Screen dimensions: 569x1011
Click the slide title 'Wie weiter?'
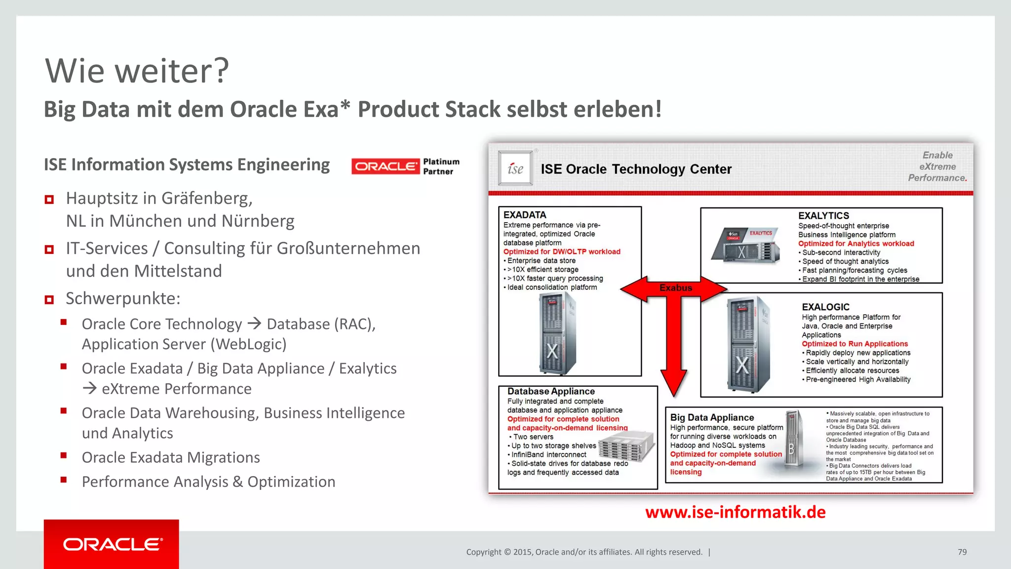[137, 71]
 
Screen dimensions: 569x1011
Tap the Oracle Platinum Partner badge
[405, 166]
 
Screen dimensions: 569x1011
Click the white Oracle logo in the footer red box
[112, 544]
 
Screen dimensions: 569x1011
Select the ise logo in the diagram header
[515, 168]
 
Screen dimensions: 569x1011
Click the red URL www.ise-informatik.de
[735, 512]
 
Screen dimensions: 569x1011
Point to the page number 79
[962, 552]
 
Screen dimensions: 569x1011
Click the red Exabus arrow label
[675, 288]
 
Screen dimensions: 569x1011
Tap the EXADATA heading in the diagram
[525, 215]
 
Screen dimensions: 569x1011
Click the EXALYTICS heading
[823, 216]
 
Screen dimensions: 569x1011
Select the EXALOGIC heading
[825, 307]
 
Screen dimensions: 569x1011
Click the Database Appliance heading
[551, 391]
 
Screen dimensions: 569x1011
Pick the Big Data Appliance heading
[712, 417]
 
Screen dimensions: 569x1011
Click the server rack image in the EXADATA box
[557, 333]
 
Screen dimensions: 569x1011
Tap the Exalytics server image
[746, 245]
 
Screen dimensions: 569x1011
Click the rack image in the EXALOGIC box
[747, 344]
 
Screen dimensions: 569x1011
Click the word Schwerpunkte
[122, 298]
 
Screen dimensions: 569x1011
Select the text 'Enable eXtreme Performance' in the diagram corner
[937, 166]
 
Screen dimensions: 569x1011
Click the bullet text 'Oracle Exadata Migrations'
[171, 457]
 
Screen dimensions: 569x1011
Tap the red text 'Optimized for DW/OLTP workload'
[562, 252]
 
